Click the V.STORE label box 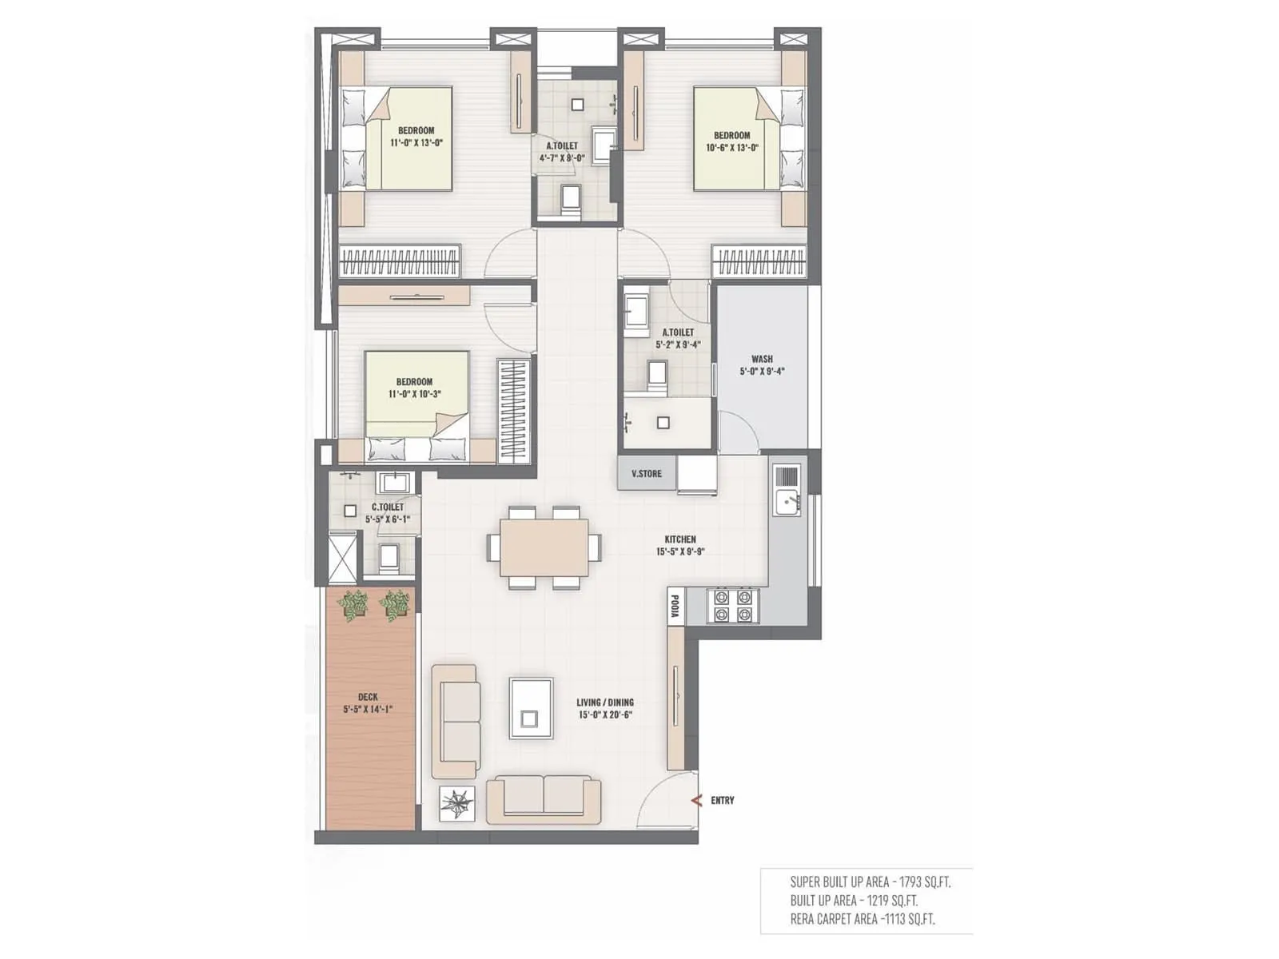[647, 473]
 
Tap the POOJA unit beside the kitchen [675, 606]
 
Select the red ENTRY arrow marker [696, 800]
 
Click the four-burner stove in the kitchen [733, 606]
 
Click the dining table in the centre [544, 547]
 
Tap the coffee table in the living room [531, 708]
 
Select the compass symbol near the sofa [457, 803]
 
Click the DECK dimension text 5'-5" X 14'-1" [368, 709]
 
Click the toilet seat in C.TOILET [389, 557]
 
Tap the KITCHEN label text [680, 539]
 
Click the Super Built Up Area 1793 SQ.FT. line [870, 882]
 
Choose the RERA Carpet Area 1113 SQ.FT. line [862, 919]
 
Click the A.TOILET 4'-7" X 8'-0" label [562, 152]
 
